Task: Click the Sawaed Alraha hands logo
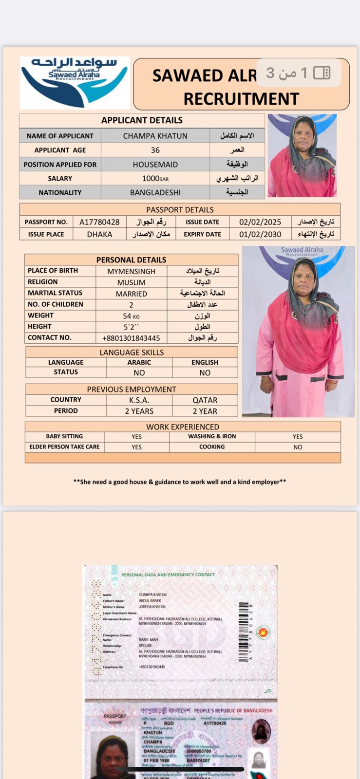pyautogui.click(x=75, y=82)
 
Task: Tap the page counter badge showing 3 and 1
pyautogui.click(x=298, y=73)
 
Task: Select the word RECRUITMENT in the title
pyautogui.click(x=241, y=99)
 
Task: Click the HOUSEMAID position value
pyautogui.click(x=155, y=165)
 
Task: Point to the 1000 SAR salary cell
pyautogui.click(x=155, y=179)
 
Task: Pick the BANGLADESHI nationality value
pyautogui.click(x=155, y=192)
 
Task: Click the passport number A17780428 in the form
pyautogui.click(x=99, y=222)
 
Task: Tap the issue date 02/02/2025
pyautogui.click(x=260, y=222)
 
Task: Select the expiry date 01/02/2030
pyautogui.click(x=260, y=234)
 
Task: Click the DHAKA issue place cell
pyautogui.click(x=99, y=234)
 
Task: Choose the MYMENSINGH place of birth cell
pyautogui.click(x=131, y=271)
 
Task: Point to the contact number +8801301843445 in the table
pyautogui.click(x=131, y=338)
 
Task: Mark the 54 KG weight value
pyautogui.click(x=131, y=316)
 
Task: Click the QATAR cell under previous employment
pyautogui.click(x=205, y=400)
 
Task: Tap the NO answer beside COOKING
pyautogui.click(x=298, y=447)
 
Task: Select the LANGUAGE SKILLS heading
pyautogui.click(x=132, y=352)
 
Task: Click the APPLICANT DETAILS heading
pyautogui.click(x=142, y=120)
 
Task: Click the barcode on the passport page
pyautogui.click(x=244, y=631)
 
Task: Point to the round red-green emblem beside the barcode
pyautogui.click(x=263, y=632)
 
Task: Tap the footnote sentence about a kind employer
pyautogui.click(x=180, y=482)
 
